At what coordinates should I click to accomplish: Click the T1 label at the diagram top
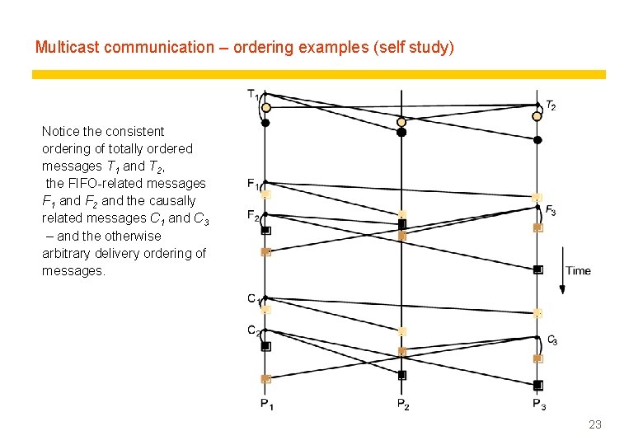(x=252, y=94)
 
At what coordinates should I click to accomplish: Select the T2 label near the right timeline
(x=550, y=105)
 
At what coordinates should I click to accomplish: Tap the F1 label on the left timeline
(x=252, y=183)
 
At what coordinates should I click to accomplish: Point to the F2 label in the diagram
(x=252, y=215)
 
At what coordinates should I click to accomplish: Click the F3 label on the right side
(x=551, y=210)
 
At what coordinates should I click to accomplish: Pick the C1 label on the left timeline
(x=253, y=298)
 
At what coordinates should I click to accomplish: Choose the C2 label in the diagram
(x=253, y=330)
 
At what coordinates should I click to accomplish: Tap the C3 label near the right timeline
(x=552, y=340)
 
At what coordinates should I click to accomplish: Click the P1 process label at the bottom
(x=267, y=404)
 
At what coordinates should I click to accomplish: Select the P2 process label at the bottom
(x=402, y=404)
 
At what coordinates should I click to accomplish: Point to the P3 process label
(x=539, y=404)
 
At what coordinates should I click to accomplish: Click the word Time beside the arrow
(x=578, y=270)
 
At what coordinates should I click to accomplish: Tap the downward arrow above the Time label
(x=562, y=269)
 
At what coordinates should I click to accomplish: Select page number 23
(x=595, y=424)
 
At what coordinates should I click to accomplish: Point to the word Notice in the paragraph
(x=60, y=131)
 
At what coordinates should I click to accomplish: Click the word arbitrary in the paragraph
(x=68, y=253)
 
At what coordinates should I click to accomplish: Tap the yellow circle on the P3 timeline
(x=537, y=116)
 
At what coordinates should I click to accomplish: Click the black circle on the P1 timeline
(x=265, y=124)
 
